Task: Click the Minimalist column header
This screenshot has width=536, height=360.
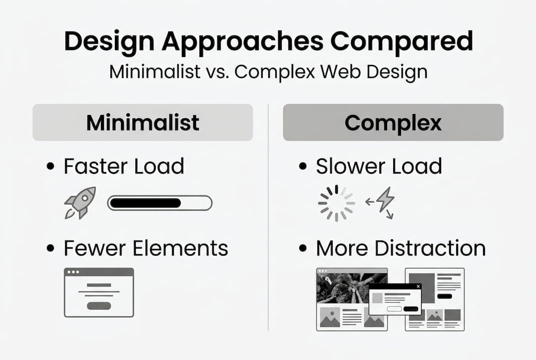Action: click(143, 122)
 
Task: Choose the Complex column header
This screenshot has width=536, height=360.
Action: click(393, 122)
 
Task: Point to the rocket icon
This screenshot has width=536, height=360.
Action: click(80, 202)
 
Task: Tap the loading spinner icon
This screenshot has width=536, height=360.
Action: click(336, 203)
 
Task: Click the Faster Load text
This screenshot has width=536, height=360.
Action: click(124, 166)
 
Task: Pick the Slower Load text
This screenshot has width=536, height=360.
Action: click(379, 166)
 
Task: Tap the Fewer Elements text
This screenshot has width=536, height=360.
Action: click(146, 248)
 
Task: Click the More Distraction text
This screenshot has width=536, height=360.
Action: click(401, 248)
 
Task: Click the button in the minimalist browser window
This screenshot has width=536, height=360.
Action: click(99, 305)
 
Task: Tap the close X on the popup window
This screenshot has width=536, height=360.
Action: click(418, 286)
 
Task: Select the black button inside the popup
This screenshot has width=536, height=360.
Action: click(411, 308)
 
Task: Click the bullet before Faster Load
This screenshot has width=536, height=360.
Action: click(50, 166)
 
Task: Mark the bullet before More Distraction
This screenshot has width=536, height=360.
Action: click(303, 248)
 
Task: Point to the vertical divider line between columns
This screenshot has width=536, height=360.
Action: click(268, 217)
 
